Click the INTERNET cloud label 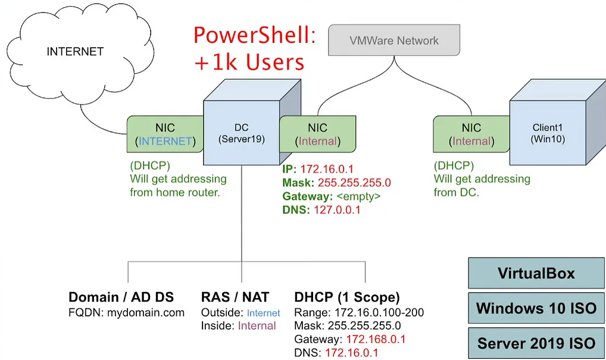75,52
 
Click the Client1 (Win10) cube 547,133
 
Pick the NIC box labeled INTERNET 165,134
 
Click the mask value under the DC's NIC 354,183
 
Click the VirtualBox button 536,273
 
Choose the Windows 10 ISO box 536,308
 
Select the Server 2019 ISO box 536,343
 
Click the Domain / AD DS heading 125,297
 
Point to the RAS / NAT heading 235,297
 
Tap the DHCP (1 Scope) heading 347,297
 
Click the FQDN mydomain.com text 126,312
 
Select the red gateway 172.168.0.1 372,339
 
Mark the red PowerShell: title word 254,36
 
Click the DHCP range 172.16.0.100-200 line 359,312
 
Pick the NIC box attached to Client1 471,134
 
